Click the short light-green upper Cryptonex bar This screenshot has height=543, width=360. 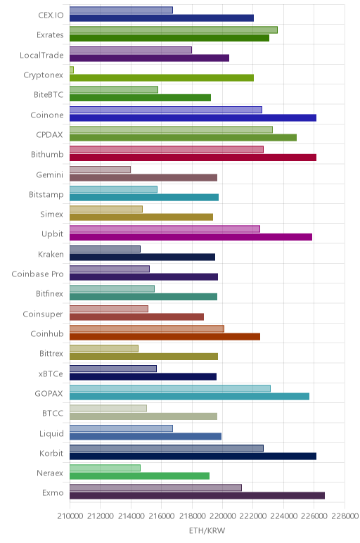(x=72, y=70)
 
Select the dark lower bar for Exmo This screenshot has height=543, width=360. (x=197, y=496)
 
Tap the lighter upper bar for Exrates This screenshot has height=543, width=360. (x=174, y=30)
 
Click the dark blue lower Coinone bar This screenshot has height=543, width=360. (x=193, y=117)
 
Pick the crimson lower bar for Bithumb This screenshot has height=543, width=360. (x=193, y=158)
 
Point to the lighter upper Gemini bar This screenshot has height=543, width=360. (x=100, y=170)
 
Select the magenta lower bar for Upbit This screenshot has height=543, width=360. (x=191, y=237)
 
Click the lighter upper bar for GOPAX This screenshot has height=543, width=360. (x=170, y=388)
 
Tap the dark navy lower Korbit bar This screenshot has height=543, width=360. (x=193, y=456)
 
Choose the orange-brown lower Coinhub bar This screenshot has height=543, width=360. (x=165, y=337)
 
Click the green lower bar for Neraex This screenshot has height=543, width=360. (x=139, y=476)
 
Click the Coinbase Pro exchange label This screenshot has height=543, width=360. (x=37, y=274)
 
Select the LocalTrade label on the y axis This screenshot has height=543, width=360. (x=41, y=55)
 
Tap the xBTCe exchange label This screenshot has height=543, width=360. (x=51, y=373)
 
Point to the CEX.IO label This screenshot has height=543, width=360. (x=51, y=15)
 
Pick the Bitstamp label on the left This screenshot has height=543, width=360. (x=46, y=195)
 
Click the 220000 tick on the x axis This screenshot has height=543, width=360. (x=222, y=516)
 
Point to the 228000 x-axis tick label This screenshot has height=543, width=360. (x=345, y=516)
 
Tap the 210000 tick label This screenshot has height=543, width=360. (x=70, y=516)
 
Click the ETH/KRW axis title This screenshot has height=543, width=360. (x=207, y=530)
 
